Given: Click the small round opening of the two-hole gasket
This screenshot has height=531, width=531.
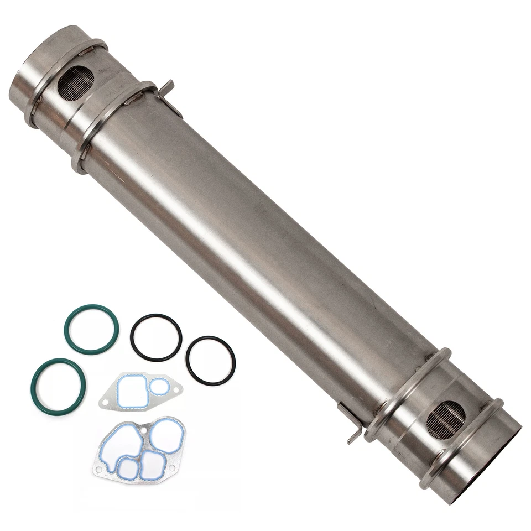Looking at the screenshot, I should click(160, 387).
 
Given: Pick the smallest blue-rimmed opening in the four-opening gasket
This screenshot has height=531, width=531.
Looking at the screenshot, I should click(128, 469).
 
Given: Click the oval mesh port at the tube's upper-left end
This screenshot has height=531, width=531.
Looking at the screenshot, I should click(75, 83).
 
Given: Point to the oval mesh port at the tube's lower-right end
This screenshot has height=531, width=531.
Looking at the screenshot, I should click(446, 420).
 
